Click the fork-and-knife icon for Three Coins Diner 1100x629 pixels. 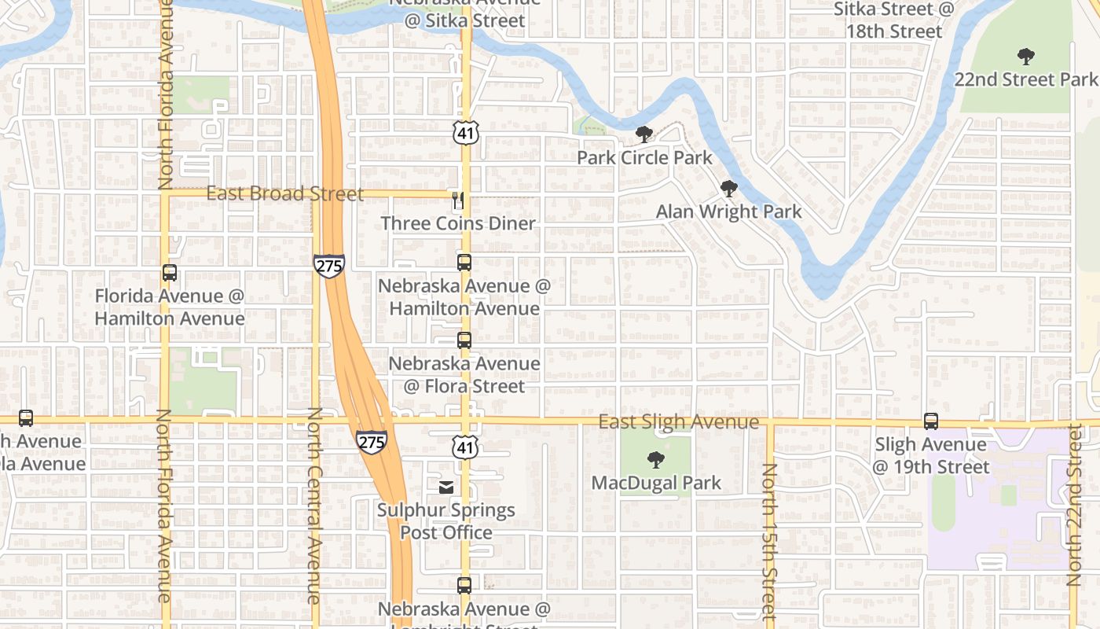click(458, 200)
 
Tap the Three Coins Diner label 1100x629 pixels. click(458, 223)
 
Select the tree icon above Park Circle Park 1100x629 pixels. click(644, 134)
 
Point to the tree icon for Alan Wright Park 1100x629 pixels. click(729, 189)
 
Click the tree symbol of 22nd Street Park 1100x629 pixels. click(1025, 57)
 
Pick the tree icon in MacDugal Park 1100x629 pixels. click(655, 460)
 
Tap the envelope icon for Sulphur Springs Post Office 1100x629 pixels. click(446, 487)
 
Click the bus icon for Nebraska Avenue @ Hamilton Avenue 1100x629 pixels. click(464, 263)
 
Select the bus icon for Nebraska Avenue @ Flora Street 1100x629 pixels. click(464, 340)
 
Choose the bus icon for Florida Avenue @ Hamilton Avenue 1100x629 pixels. click(169, 273)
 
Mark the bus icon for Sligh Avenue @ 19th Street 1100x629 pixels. click(931, 421)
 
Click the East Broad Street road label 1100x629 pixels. click(285, 193)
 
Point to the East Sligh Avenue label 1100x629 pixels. click(679, 422)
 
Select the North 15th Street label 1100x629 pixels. click(769, 543)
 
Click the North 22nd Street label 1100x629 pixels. click(1074, 505)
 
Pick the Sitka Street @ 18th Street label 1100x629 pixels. click(893, 20)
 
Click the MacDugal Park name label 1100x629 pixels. click(656, 483)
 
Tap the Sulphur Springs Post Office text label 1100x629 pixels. click(446, 521)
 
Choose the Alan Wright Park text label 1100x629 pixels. click(729, 212)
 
